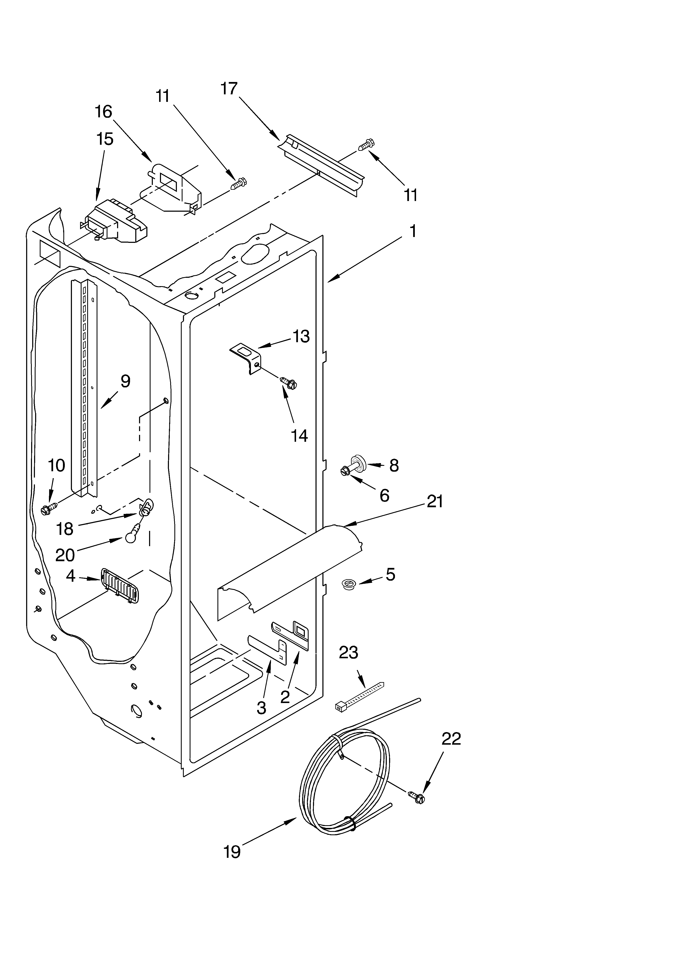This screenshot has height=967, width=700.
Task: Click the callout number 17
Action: (229, 89)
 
